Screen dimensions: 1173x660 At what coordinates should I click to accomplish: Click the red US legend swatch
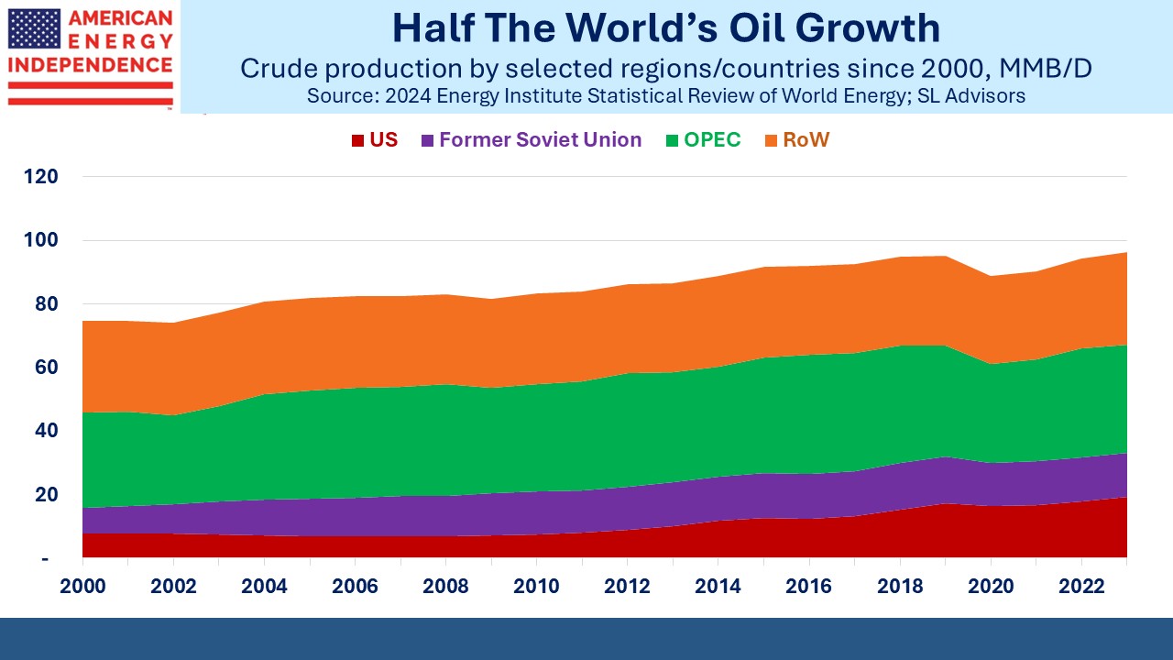tap(357, 140)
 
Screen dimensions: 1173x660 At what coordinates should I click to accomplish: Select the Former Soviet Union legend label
tap(541, 140)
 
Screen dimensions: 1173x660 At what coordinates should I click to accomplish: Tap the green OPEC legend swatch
tap(672, 140)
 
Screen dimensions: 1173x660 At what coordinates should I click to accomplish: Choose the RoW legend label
tap(806, 140)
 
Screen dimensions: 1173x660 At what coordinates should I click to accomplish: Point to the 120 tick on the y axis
tap(41, 177)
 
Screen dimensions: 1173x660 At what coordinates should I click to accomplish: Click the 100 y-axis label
tap(41, 240)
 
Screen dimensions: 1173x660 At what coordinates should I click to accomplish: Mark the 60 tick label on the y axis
tap(47, 368)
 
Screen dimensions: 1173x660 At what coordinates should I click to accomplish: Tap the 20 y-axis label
tap(47, 494)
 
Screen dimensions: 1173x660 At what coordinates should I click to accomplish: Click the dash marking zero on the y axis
tap(45, 560)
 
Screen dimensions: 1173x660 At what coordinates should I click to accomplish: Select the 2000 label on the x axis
tap(82, 586)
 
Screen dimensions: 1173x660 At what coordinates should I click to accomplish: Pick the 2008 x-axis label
tap(445, 586)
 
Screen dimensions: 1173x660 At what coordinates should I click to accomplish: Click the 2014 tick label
tap(718, 586)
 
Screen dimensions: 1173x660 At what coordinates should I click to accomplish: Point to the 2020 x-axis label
tap(991, 586)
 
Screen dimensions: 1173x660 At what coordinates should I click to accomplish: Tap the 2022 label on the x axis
tap(1081, 586)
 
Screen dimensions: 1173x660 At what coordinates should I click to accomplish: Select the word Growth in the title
tap(868, 27)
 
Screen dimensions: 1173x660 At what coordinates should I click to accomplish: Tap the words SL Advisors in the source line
tap(970, 96)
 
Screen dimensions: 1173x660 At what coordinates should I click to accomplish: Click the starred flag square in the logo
tap(34, 28)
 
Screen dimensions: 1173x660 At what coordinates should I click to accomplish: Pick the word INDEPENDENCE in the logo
tap(90, 65)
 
